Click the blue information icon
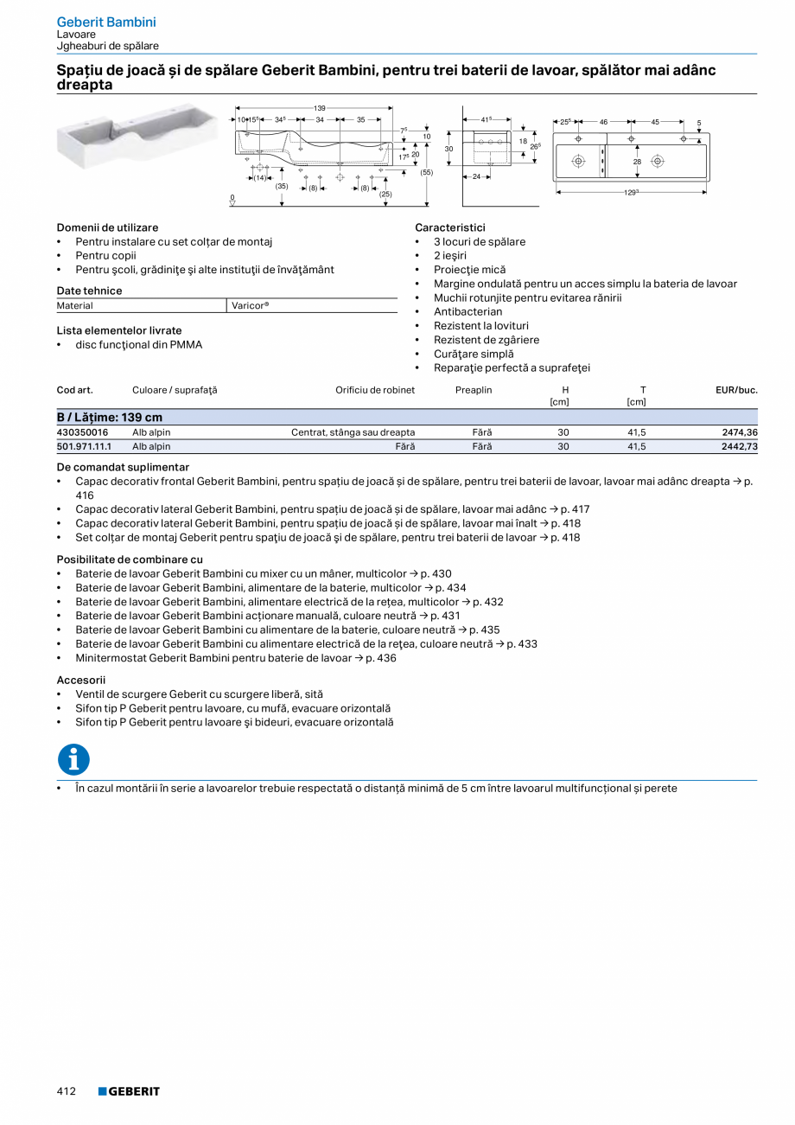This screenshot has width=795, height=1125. tap(73, 759)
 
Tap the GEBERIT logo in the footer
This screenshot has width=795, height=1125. tap(129, 1091)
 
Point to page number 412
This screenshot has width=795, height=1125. tap(67, 1091)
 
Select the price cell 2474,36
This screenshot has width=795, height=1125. tap(740, 432)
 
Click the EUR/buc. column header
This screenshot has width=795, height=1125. tap(736, 390)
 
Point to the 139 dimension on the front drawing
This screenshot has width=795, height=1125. tap(320, 108)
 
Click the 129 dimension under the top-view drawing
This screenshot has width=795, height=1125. tap(632, 192)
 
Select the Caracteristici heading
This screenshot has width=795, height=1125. tap(449, 227)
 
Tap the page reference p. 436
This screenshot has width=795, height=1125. tap(381, 658)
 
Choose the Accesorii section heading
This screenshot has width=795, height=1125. tap(81, 681)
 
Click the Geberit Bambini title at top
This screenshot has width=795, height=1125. tap(106, 22)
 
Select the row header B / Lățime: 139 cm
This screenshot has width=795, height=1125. tap(110, 418)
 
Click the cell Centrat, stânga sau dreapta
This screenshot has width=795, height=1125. tap(353, 432)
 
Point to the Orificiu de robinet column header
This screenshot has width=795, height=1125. tap(375, 390)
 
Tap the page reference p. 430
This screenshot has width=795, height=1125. tap(436, 574)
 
